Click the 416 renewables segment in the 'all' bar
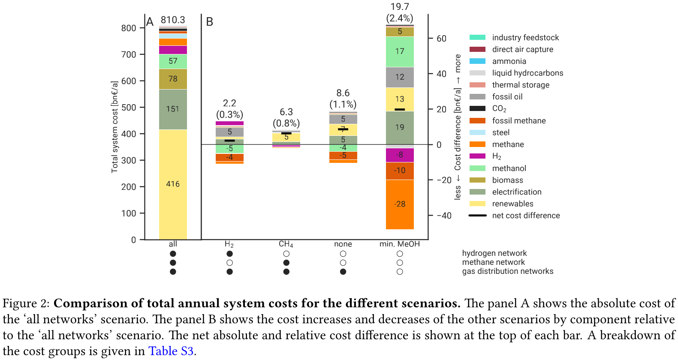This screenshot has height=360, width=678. click(x=173, y=184)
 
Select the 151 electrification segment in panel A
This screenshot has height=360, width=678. click(x=173, y=109)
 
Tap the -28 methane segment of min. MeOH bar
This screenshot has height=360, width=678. click(x=400, y=204)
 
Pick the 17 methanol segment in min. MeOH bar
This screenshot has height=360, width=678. click(x=400, y=51)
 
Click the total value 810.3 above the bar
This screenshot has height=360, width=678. click(x=173, y=20)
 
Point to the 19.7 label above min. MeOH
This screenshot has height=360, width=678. click(x=400, y=6)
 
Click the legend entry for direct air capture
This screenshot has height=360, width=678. click(x=522, y=49)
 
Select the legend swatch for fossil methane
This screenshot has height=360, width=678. click(x=477, y=121)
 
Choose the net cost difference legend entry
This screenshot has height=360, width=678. click(x=526, y=216)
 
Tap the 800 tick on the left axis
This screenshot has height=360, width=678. click(x=128, y=28)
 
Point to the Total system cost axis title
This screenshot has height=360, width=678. click(x=115, y=127)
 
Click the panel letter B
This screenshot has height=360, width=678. click(x=210, y=21)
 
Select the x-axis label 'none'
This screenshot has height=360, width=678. click(x=343, y=244)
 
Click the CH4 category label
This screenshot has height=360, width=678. click(x=286, y=244)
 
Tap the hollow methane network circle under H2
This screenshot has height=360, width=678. click(x=229, y=263)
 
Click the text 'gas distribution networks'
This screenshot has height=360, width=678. click(x=507, y=271)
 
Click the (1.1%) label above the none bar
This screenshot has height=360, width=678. click(x=343, y=104)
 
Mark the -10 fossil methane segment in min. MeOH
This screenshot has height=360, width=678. click(x=400, y=171)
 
